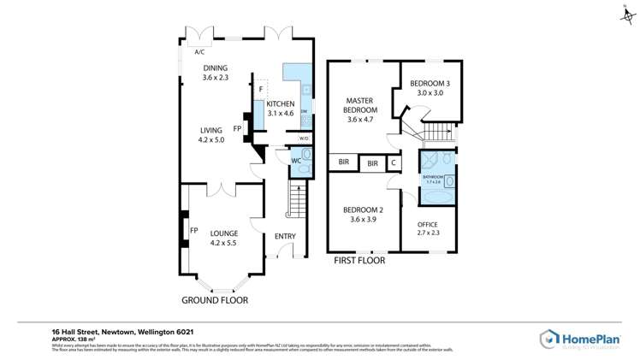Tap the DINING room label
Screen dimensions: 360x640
(x=216, y=68)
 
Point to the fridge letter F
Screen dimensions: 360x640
(x=260, y=89)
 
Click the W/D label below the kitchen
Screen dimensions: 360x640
(x=304, y=139)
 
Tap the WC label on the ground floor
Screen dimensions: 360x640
(x=295, y=160)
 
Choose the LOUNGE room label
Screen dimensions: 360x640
(x=224, y=233)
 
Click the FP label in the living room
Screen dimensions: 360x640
(x=237, y=129)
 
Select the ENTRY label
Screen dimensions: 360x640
(x=285, y=236)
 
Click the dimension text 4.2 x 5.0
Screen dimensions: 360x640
(x=210, y=139)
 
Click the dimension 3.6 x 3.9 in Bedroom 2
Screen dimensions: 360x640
(x=363, y=220)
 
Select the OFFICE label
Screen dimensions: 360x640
(x=428, y=224)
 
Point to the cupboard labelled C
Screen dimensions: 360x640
(x=394, y=162)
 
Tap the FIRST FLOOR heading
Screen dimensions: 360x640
(x=359, y=260)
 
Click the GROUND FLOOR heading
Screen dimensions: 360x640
(x=215, y=300)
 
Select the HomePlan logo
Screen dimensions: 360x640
(x=579, y=339)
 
